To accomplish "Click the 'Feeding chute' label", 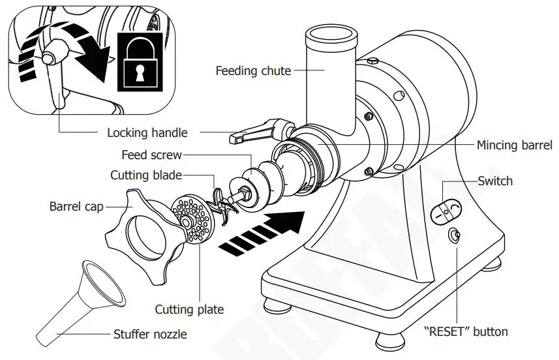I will pyautogui.click(x=253, y=70).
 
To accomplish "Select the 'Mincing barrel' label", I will pyautogui.click(x=514, y=145).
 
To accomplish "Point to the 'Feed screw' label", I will pyautogui.click(x=151, y=155).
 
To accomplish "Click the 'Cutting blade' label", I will pyautogui.click(x=145, y=175).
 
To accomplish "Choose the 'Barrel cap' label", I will pyautogui.click(x=77, y=207).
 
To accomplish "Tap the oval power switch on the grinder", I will pyautogui.click(x=447, y=209).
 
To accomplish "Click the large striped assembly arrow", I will pyautogui.click(x=264, y=232).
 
